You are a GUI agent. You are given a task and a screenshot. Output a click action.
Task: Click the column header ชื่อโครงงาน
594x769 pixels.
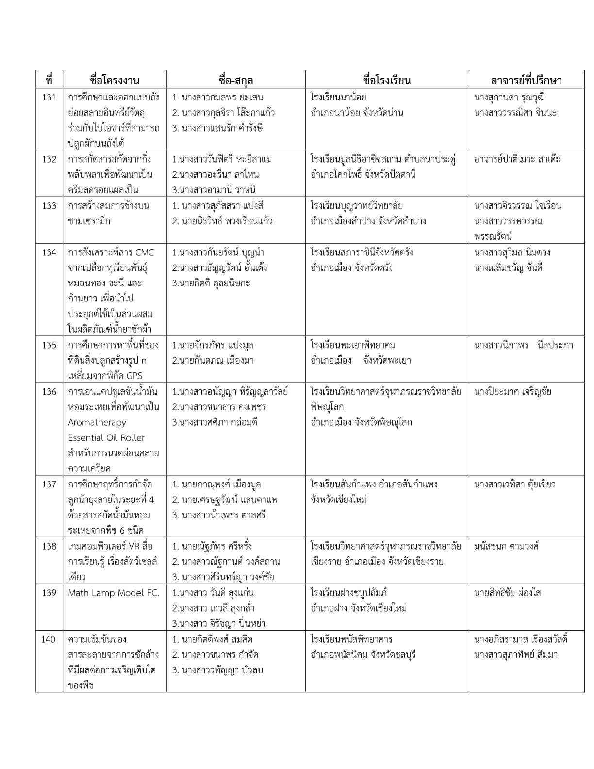[115, 80]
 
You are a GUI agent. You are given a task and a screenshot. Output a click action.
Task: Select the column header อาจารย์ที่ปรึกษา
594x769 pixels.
[526, 80]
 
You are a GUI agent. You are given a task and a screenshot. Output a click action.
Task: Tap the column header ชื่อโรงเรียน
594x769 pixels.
[387, 80]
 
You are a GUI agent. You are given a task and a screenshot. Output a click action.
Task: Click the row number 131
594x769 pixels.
[49, 97]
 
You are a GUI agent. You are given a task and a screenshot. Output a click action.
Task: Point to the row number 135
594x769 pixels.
[49, 345]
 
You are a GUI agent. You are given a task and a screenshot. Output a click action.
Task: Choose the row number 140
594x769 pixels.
[49, 639]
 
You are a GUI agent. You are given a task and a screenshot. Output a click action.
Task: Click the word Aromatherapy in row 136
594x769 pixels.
[97, 422]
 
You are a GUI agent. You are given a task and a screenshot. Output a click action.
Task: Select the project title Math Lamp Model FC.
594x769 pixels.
[114, 593]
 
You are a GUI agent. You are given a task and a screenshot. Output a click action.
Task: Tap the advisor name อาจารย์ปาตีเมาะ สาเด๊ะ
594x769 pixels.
[517, 159]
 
